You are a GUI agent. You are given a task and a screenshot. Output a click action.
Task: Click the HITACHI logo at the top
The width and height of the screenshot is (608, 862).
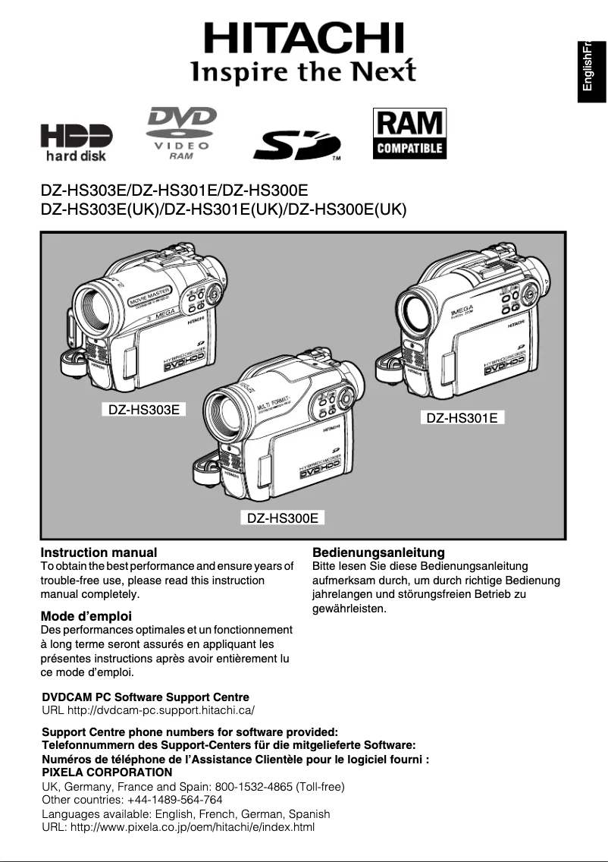[x=303, y=38]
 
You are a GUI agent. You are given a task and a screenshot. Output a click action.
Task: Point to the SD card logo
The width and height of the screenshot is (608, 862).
[x=296, y=145]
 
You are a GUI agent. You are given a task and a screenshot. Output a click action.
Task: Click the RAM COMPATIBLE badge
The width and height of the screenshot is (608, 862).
[x=409, y=134]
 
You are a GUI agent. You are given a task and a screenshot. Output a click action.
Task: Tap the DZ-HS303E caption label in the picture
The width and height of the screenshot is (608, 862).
[x=144, y=411]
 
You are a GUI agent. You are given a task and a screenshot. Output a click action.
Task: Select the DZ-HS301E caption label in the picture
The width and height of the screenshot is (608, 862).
[x=462, y=417]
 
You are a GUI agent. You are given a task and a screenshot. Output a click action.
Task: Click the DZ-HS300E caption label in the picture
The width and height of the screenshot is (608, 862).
[x=282, y=518]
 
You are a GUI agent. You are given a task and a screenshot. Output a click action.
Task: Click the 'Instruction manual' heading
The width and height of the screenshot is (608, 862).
[x=99, y=552]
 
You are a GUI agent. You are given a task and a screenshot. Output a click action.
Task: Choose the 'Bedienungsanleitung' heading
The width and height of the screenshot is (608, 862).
[x=378, y=552]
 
